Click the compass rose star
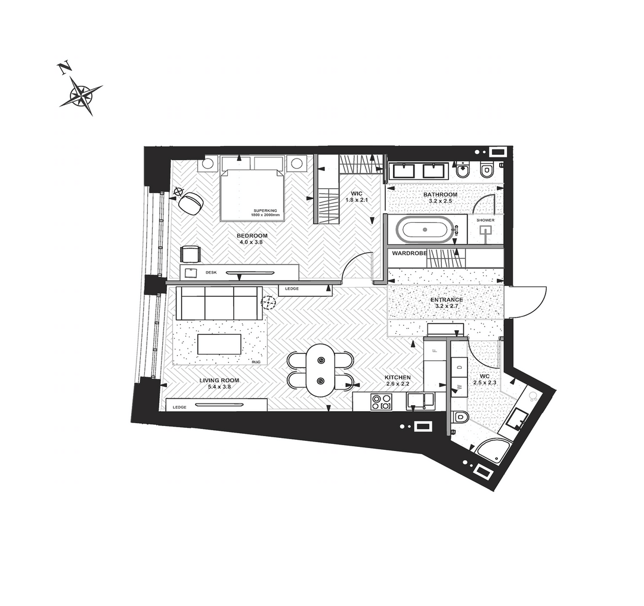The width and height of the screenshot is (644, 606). (81, 96)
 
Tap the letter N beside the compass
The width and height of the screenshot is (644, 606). (64, 68)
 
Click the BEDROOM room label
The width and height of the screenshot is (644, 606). (252, 236)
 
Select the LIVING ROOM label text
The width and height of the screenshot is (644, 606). (219, 380)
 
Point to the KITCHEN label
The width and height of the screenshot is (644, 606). (397, 377)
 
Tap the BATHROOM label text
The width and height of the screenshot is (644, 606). (440, 195)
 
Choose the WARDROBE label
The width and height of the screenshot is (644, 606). (409, 254)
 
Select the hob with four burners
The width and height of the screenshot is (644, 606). (382, 402)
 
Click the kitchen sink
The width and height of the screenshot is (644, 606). (420, 401)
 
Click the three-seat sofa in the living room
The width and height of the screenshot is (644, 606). (219, 303)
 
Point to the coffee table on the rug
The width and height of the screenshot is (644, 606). (219, 344)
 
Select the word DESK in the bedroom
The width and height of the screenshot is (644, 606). (211, 272)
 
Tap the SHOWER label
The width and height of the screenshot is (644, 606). (485, 220)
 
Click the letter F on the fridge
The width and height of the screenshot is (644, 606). (435, 351)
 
